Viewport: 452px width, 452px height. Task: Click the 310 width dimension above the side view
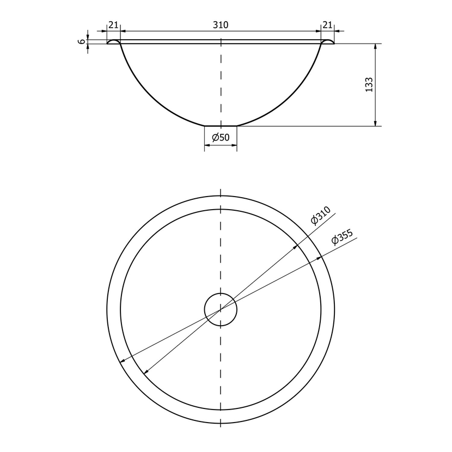coord(221,25)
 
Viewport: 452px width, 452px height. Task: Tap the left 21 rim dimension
coord(113,25)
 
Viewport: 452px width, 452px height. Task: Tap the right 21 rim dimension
coord(327,25)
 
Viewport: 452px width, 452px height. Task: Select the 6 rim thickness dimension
coord(82,41)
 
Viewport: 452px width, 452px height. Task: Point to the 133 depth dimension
coord(369,84)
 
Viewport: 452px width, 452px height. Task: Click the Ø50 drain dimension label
coord(221,137)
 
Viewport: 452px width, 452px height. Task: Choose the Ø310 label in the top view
coord(321,215)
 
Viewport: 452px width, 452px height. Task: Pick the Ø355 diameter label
coord(342,237)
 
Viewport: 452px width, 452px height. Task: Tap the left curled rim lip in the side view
coord(113,41)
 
